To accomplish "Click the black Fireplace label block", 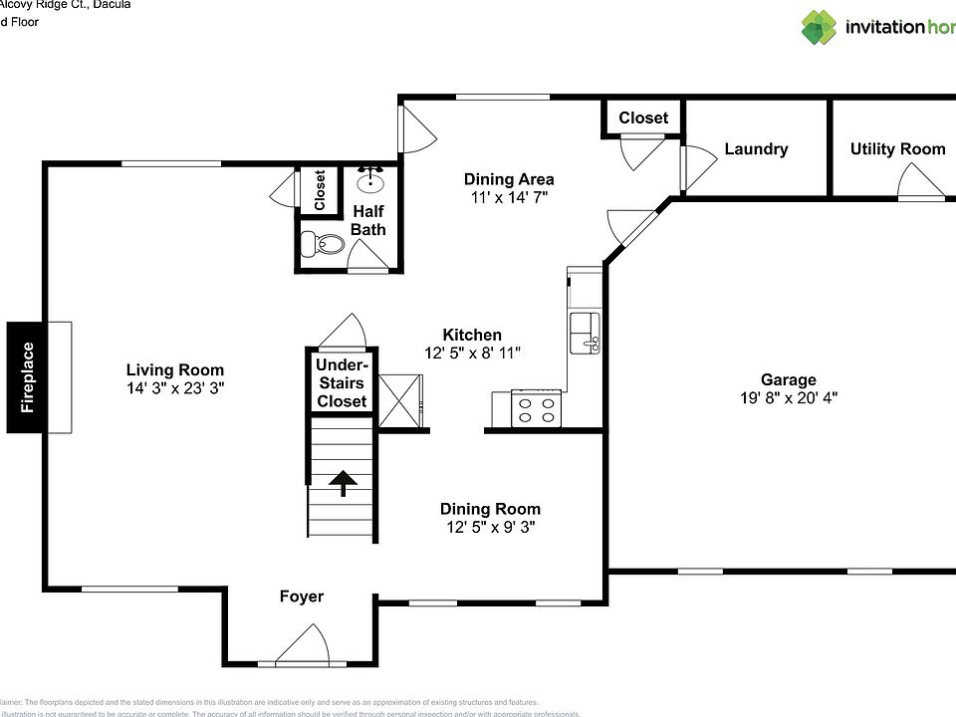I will click(28, 377).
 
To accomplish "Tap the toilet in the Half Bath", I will click(324, 243).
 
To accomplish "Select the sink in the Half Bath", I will click(371, 181).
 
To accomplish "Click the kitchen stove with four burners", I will click(536, 408).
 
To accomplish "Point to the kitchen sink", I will click(584, 332).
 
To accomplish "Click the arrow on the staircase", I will click(344, 483).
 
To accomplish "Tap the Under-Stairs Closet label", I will click(342, 383).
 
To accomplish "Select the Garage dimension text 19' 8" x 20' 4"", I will click(788, 397).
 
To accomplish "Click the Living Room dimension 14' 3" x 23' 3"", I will click(175, 388).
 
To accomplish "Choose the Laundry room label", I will click(756, 149).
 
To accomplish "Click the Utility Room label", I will click(897, 149).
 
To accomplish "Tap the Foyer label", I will click(301, 597).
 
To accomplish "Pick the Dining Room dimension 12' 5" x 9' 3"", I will click(491, 527).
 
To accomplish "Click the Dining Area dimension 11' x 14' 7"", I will click(509, 197).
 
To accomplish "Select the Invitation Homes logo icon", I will click(819, 27).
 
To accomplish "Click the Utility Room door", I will click(920, 184).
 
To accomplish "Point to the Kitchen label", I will click(472, 335).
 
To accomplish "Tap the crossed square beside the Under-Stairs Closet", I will click(401, 399).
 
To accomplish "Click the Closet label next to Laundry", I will click(643, 118).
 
